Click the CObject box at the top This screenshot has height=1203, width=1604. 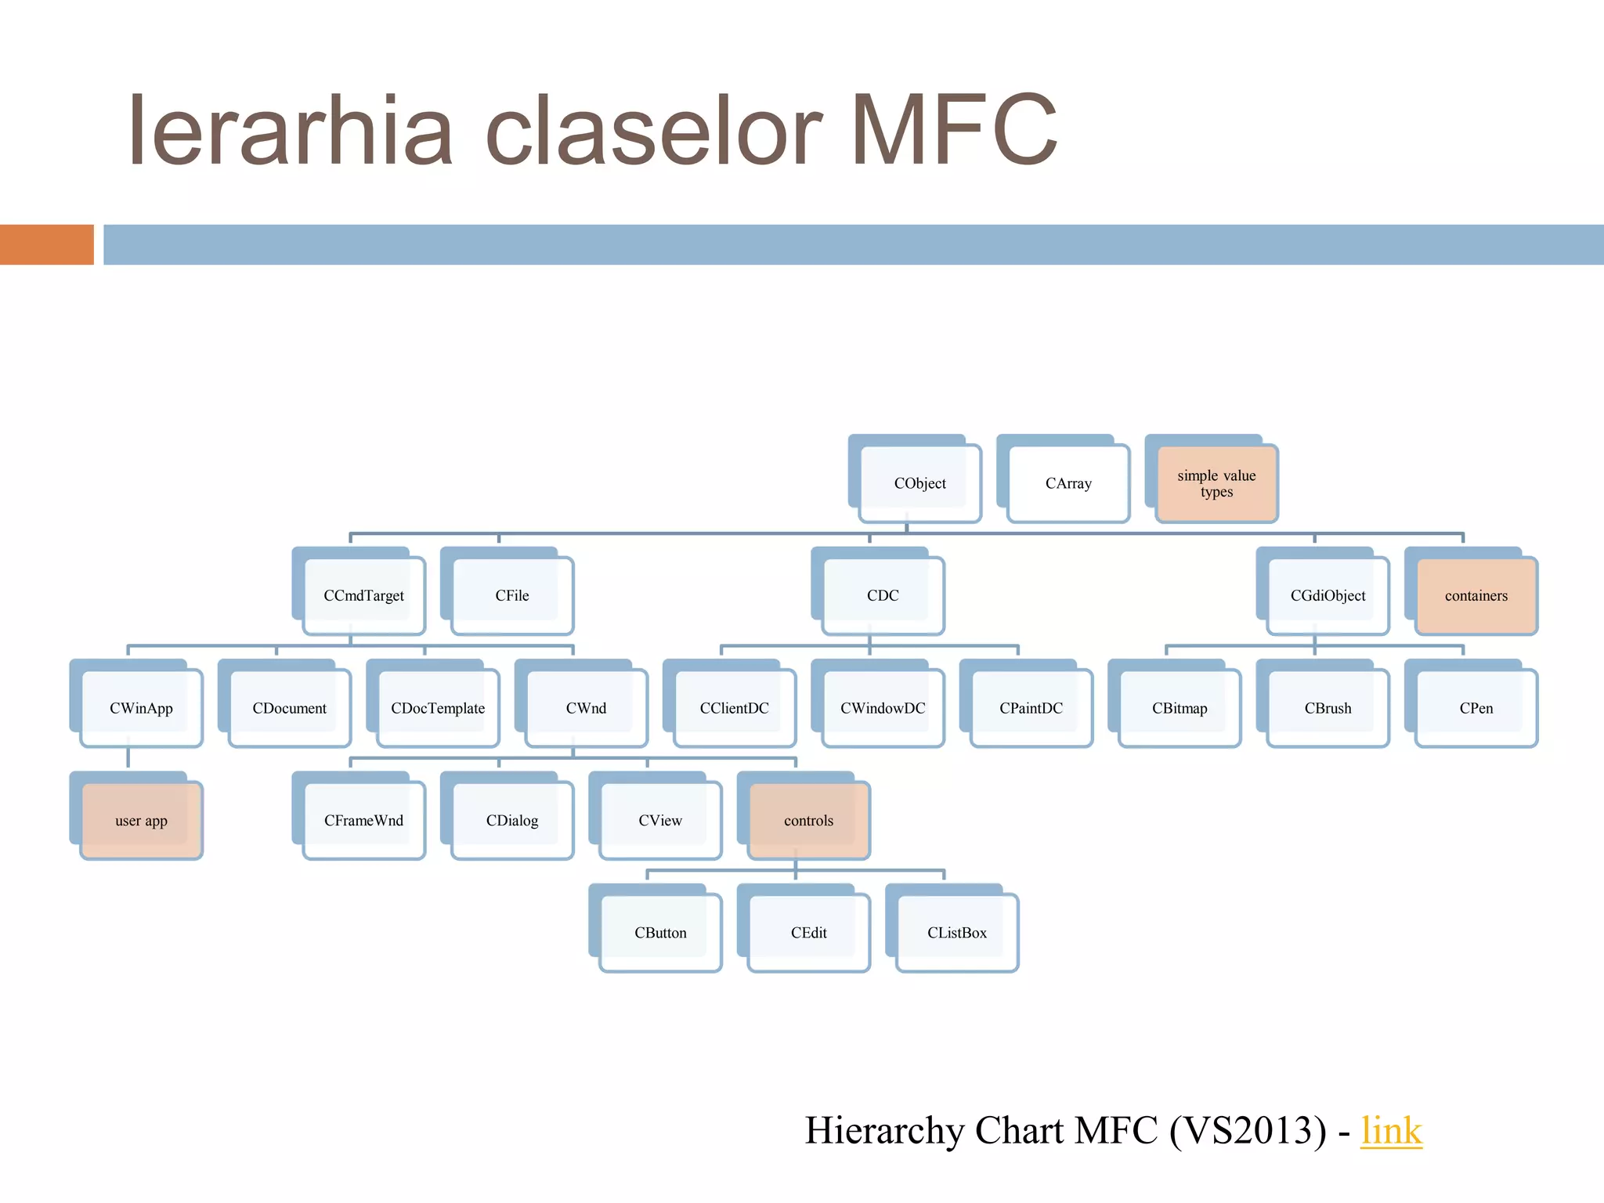(x=919, y=483)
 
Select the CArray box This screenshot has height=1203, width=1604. (x=1068, y=483)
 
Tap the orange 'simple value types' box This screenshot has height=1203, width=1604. (x=1216, y=483)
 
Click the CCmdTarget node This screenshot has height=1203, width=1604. (x=363, y=595)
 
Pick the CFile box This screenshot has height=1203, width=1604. (x=512, y=595)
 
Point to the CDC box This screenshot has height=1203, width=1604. (x=883, y=595)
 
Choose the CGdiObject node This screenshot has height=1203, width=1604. (x=1328, y=595)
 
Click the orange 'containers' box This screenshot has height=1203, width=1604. (x=1476, y=595)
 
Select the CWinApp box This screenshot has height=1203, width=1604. (x=141, y=708)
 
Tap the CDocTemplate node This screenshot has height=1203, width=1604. (x=438, y=708)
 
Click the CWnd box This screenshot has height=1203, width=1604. (x=586, y=708)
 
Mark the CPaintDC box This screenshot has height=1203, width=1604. (x=1031, y=708)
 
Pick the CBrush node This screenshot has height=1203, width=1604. (x=1328, y=708)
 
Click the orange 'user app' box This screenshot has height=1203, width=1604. (x=141, y=821)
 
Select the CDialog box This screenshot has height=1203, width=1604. (x=512, y=821)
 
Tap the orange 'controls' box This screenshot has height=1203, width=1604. (x=808, y=821)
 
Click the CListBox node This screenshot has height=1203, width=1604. (x=957, y=933)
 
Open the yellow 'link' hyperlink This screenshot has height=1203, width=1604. (x=1391, y=1130)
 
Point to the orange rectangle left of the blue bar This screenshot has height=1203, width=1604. (x=46, y=244)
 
